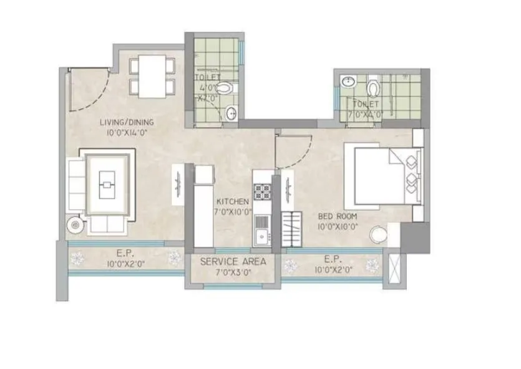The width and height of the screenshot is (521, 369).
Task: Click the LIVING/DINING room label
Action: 127,122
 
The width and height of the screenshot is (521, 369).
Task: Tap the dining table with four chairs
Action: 152,76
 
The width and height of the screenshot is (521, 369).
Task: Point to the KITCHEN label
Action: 233,202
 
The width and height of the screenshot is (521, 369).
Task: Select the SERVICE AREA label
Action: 233,262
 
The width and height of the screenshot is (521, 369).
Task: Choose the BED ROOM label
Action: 338,216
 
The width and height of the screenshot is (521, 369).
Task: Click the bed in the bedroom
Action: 384,176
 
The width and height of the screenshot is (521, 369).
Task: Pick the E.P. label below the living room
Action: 123,254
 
